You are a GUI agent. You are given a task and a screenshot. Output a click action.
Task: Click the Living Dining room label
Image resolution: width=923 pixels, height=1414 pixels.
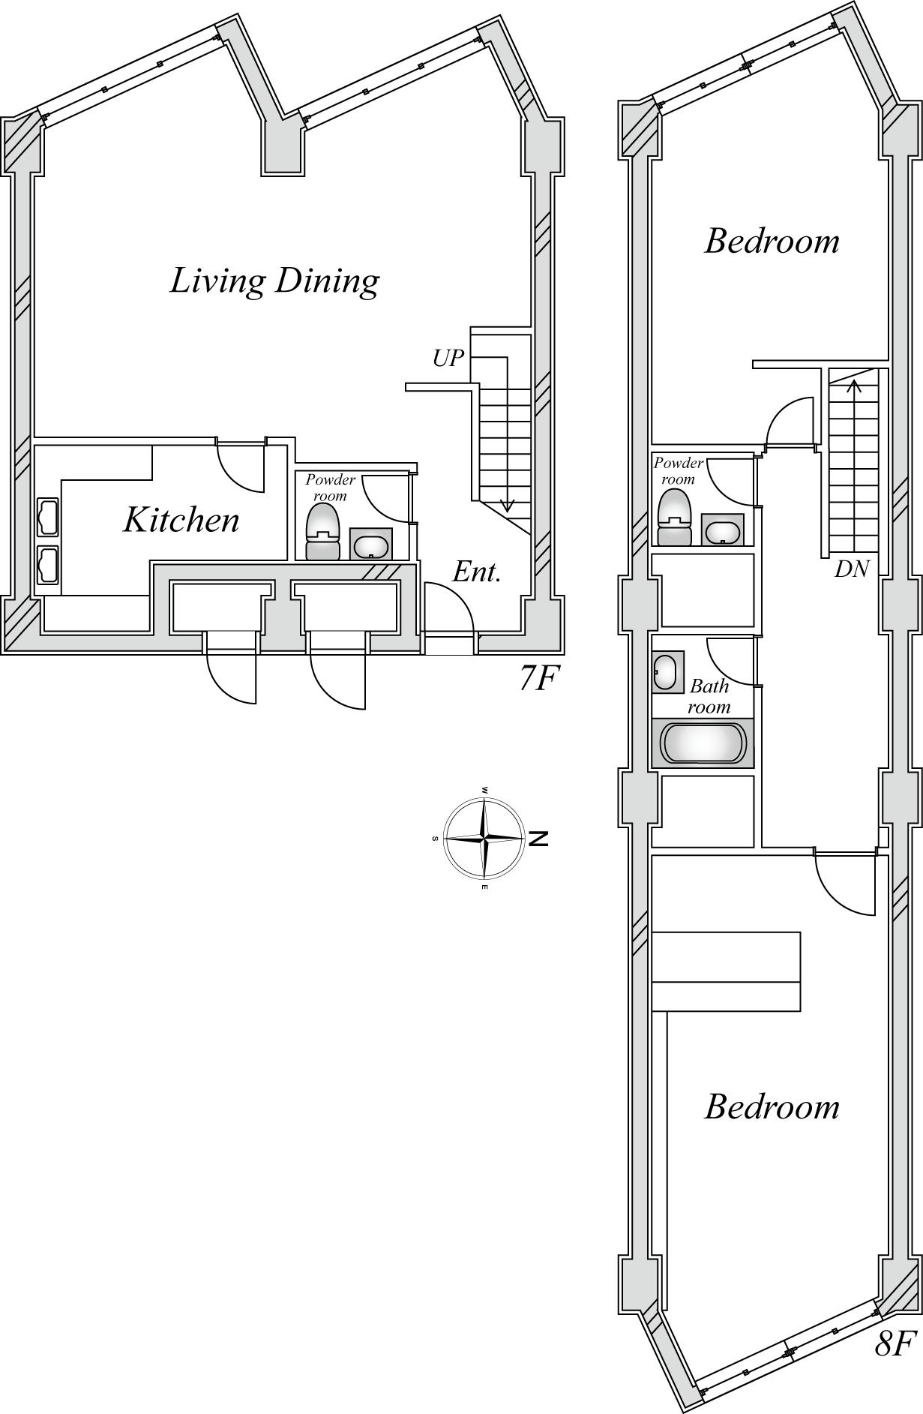[x=274, y=281]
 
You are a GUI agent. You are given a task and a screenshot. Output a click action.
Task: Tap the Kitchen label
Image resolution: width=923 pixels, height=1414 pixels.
[x=181, y=520]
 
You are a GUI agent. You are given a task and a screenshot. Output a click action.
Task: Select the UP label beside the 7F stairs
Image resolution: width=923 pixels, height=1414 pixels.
[x=448, y=359]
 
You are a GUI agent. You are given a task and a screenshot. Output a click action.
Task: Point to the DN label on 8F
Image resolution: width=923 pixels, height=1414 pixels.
[x=852, y=569]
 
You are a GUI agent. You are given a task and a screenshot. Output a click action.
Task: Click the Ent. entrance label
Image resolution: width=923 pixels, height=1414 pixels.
[x=477, y=572]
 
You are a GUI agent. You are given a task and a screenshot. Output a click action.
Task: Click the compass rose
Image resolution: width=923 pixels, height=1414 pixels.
[x=484, y=837]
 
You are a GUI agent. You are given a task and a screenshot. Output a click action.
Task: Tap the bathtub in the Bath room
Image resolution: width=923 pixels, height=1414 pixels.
[x=703, y=743]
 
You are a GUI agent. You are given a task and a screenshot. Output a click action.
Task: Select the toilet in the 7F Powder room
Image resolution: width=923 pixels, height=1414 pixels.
[x=323, y=531]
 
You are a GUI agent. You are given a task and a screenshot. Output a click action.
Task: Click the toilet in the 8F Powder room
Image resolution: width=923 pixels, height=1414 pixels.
[x=674, y=517]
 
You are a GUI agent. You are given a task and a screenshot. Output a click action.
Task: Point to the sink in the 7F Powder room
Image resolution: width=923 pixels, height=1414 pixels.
[x=370, y=543]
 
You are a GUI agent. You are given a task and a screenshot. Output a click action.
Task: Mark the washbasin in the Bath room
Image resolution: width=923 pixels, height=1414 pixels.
[x=667, y=671]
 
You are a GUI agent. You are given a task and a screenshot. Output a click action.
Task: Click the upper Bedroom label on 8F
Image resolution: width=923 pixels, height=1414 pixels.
[x=772, y=242]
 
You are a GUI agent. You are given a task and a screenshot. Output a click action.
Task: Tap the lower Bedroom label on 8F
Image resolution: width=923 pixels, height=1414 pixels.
[x=772, y=1107]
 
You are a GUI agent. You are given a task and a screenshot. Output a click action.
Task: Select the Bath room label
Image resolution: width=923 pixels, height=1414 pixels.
[x=709, y=696]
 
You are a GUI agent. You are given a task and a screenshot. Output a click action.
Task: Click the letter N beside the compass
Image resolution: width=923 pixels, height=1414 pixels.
[x=538, y=839]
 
